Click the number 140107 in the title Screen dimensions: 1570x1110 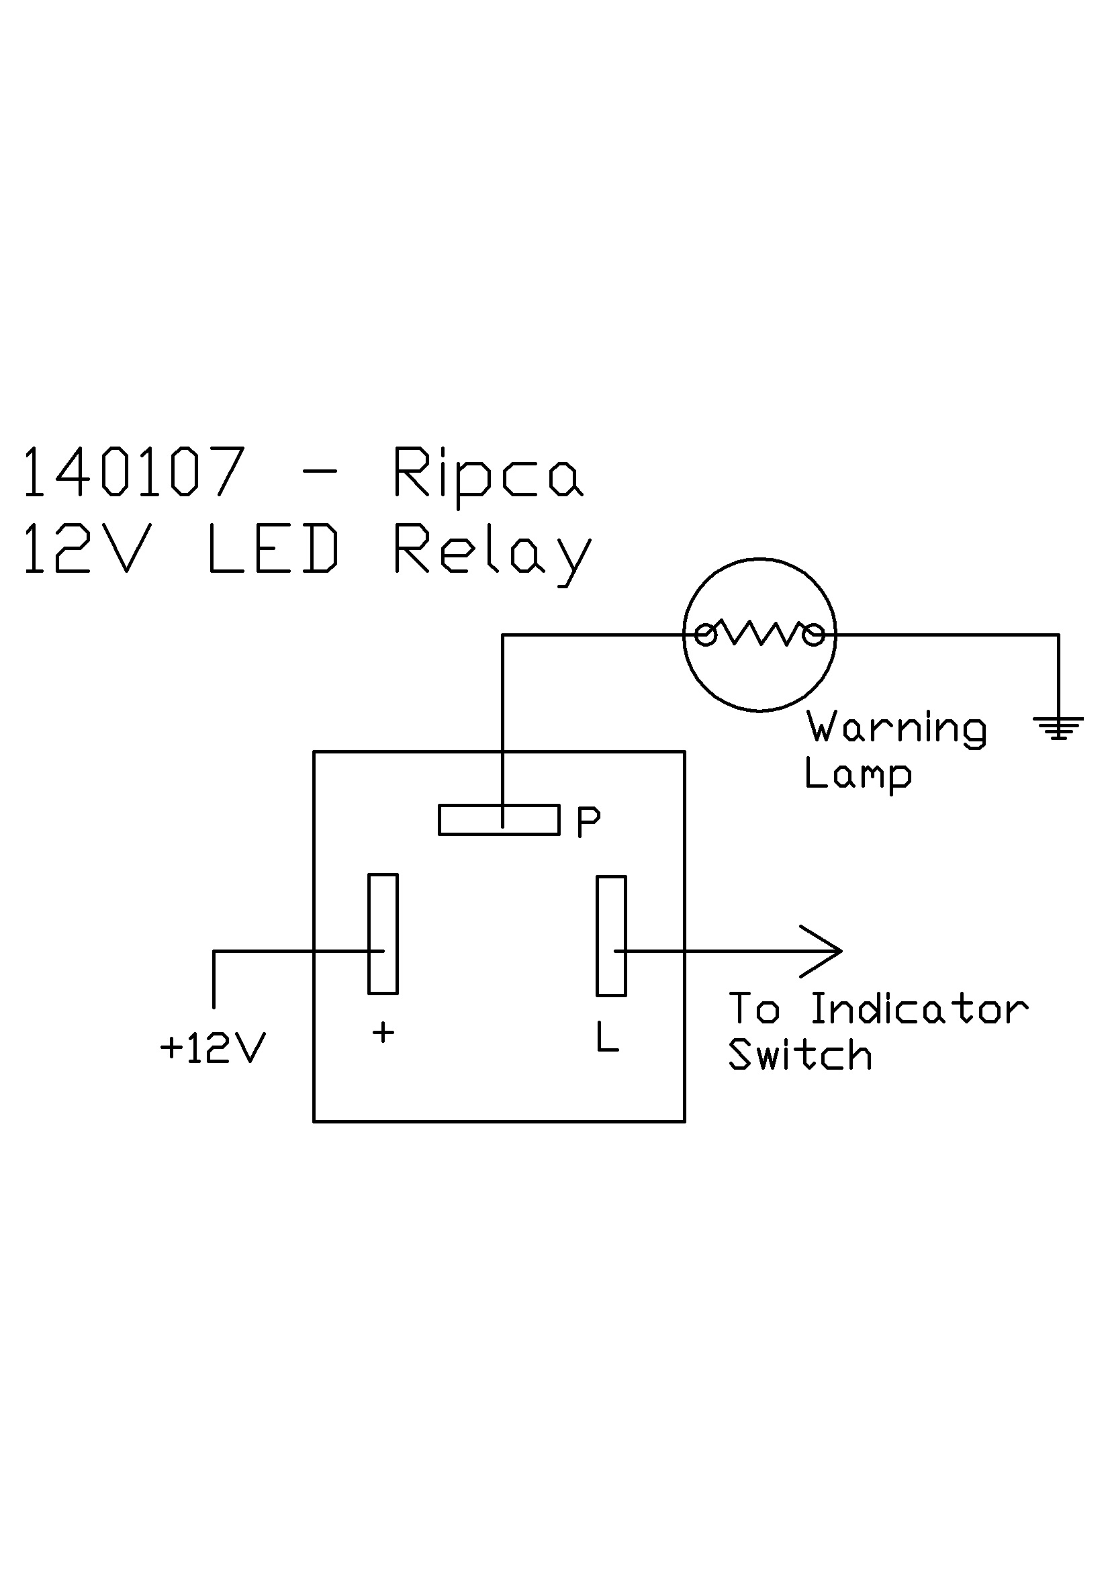point(134,472)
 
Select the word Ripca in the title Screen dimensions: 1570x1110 point(488,475)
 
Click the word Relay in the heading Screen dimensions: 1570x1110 point(491,551)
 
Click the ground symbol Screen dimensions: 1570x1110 point(1058,727)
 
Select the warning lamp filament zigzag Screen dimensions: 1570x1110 point(759,635)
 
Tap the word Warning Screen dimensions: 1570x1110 point(896,727)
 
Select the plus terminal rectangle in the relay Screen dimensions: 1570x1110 point(383,933)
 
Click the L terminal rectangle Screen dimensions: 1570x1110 point(611,935)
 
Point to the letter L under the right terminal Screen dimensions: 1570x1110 point(606,1037)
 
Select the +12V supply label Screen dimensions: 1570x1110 point(212,1048)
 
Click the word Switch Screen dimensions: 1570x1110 point(800,1054)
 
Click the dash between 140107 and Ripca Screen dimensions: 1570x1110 point(319,472)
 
